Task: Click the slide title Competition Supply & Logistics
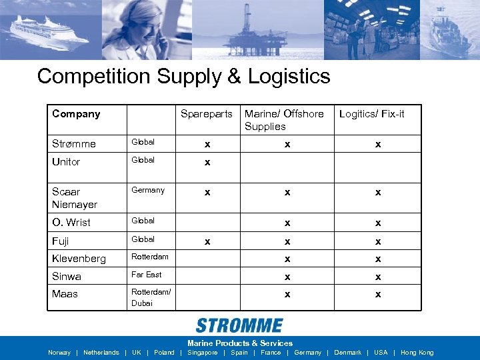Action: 183,76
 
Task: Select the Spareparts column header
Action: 207,114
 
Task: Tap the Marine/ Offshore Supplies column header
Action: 284,120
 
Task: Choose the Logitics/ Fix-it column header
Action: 371,114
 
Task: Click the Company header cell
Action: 76,114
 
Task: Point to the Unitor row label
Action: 66,162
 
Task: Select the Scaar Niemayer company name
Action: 75,198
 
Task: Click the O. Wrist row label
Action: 71,222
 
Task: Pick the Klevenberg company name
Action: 79,258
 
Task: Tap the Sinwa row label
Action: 67,276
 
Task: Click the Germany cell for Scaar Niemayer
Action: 148,190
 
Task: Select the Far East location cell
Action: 147,274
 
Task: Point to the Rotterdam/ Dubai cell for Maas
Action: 151,297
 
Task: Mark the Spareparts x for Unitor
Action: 207,162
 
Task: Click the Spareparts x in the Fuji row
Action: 207,241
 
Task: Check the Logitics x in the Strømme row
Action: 377,144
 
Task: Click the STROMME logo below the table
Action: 239,325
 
